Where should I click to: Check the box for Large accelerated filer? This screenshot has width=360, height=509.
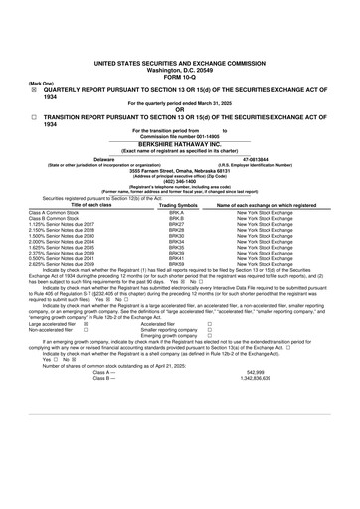point(86,351)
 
